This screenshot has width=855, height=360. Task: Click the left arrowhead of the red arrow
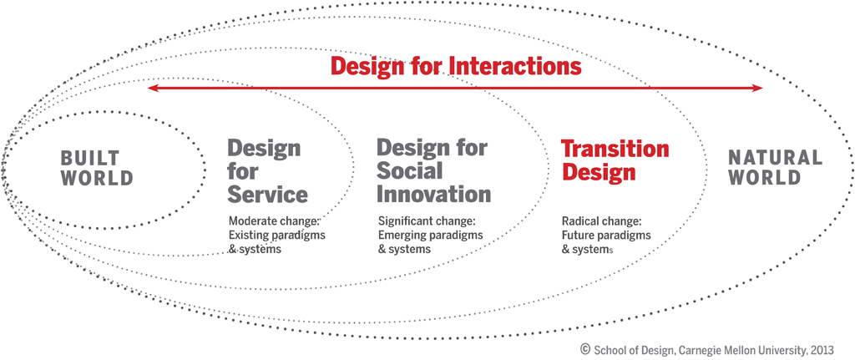151,88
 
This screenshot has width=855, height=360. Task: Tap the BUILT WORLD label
97,167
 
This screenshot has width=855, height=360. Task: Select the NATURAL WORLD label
775,167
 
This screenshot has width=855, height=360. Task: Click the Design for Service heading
267,171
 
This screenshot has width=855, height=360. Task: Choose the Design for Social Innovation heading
433,171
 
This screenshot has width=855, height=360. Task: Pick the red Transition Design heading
615,160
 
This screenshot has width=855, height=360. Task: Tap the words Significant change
427,222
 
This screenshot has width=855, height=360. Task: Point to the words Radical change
601,222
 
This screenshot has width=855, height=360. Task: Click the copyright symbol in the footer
585,347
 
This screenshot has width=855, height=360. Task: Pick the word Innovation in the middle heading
433,194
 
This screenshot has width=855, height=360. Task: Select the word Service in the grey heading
267,194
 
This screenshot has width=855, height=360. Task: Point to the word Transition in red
615,150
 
